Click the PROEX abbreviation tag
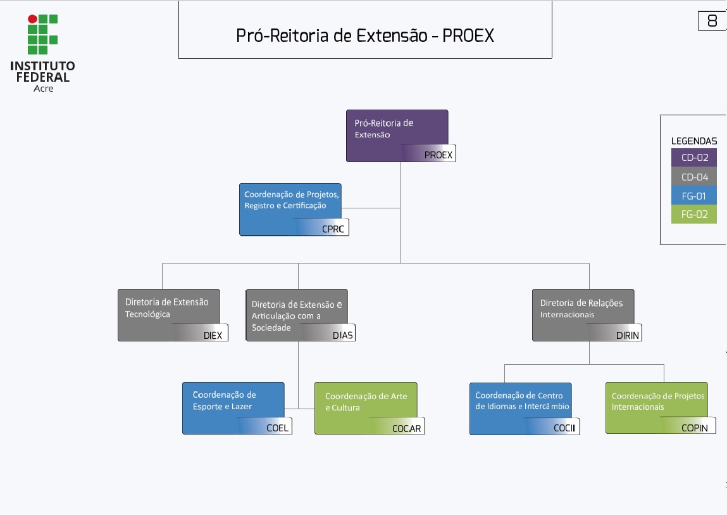click(x=438, y=155)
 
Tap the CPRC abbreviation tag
click(x=333, y=229)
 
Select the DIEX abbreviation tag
click(x=213, y=335)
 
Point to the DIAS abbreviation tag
click(x=342, y=335)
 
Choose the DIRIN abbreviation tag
click(x=627, y=335)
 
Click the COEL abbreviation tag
click(x=277, y=428)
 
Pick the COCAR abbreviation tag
click(x=406, y=428)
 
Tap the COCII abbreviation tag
click(x=564, y=428)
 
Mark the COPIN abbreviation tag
click(x=694, y=428)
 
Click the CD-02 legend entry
click(x=694, y=158)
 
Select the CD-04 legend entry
click(x=694, y=177)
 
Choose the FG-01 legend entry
click(x=694, y=196)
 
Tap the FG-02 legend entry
click(x=694, y=214)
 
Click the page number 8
click(x=712, y=21)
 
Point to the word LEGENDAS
click(x=694, y=141)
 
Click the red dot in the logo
click(x=32, y=19)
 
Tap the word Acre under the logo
click(x=43, y=89)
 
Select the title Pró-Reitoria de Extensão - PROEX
click(x=365, y=35)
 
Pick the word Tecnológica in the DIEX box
click(x=147, y=314)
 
